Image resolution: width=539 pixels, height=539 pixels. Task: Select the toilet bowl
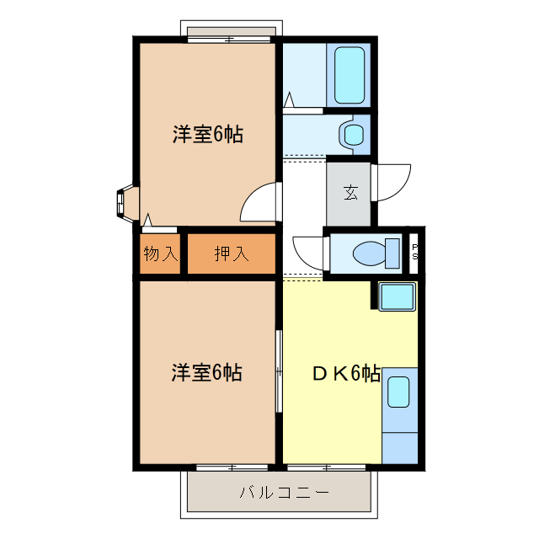click(x=371, y=252)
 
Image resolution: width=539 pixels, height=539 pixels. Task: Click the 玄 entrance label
click(x=350, y=192)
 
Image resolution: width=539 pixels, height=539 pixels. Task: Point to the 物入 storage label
click(x=160, y=253)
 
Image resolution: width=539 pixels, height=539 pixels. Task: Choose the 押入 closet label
click(x=231, y=253)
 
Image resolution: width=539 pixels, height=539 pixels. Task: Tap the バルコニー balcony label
click(x=272, y=493)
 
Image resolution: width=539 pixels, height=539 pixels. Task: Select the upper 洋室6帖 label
click(x=208, y=134)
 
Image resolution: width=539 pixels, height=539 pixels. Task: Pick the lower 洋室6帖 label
click(x=207, y=372)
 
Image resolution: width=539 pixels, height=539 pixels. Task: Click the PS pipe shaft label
click(x=414, y=252)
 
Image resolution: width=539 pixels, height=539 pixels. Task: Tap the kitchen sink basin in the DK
click(x=398, y=392)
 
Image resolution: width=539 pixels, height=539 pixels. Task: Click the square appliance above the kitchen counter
click(x=396, y=296)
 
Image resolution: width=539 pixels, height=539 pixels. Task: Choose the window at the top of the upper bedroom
click(x=231, y=37)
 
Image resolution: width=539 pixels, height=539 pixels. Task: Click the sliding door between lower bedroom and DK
click(x=279, y=371)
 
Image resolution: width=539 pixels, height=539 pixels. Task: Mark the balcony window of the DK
click(x=328, y=466)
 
